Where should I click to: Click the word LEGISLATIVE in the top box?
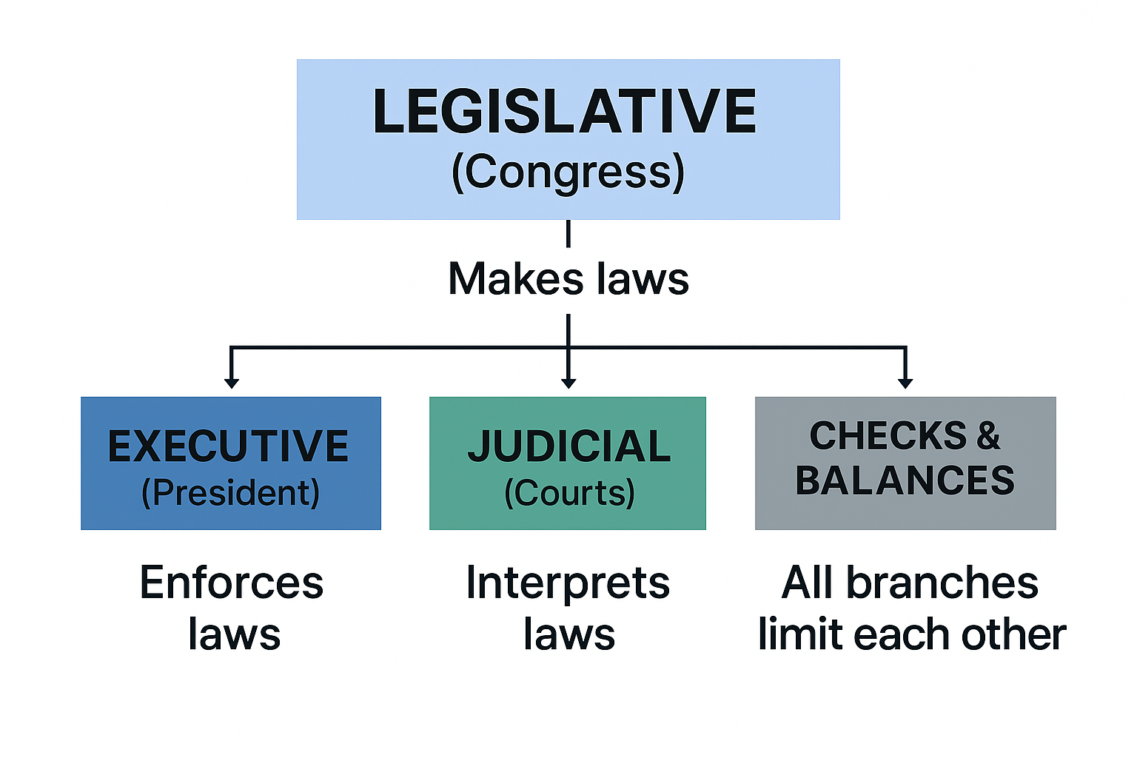click(565, 112)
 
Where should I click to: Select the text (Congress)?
click(568, 172)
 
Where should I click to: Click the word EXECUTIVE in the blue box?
click(228, 446)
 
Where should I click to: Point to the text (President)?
click(230, 493)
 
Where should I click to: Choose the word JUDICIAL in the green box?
click(568, 446)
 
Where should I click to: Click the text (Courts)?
click(569, 493)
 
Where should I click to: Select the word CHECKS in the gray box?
click(888, 435)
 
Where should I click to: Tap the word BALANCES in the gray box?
click(905, 480)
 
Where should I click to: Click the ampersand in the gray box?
click(988, 435)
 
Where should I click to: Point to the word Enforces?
click(231, 583)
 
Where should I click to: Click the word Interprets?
click(568, 583)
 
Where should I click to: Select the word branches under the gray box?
click(942, 583)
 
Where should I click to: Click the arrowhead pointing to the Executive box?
click(232, 383)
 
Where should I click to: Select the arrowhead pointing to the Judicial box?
click(568, 383)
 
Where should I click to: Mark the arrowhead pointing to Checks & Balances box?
click(905, 383)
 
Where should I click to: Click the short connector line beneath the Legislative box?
click(568, 233)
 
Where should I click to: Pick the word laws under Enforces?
click(234, 634)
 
